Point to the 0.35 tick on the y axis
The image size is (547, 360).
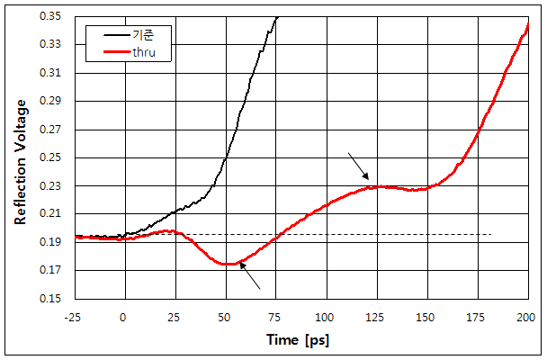[58, 16]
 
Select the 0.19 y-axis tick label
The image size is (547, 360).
[58, 242]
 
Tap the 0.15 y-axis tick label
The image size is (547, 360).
[58, 299]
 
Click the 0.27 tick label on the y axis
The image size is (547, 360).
[58, 130]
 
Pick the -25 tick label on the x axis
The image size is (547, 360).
[75, 316]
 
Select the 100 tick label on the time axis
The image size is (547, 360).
[326, 316]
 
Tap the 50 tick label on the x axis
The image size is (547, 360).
[225, 316]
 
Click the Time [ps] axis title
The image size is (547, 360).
[300, 340]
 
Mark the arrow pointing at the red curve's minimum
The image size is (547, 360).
[249, 278]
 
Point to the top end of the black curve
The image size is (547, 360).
[277, 16]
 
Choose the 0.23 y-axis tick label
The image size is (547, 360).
[58, 186]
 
